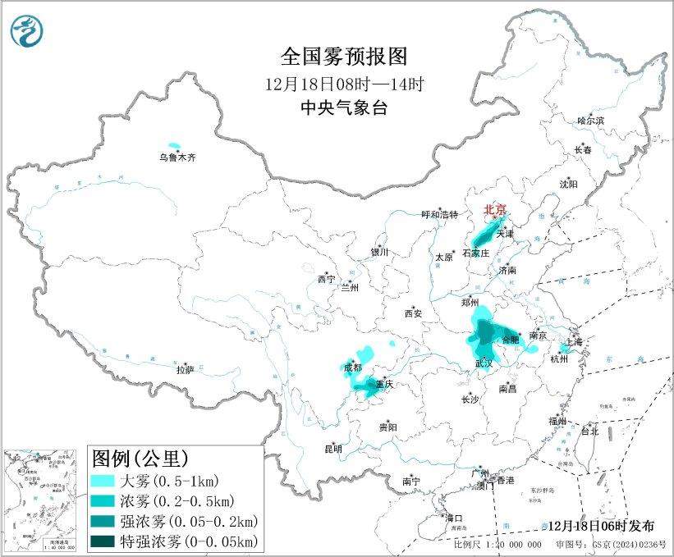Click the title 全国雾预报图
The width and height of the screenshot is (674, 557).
(344, 57)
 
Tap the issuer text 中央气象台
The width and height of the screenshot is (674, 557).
(344, 107)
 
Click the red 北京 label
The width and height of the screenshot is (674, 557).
(494, 209)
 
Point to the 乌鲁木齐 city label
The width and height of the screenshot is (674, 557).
(178, 157)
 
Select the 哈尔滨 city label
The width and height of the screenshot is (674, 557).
(589, 121)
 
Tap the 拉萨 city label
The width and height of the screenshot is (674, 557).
(185, 369)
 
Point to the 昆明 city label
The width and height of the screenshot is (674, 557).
(333, 449)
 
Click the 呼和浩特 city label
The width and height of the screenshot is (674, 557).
(438, 215)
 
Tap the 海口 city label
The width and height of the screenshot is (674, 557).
(454, 518)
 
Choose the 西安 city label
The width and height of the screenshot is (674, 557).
(413, 313)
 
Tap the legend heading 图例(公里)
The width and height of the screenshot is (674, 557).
(140, 457)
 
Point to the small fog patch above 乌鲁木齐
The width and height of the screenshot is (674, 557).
(173, 144)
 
